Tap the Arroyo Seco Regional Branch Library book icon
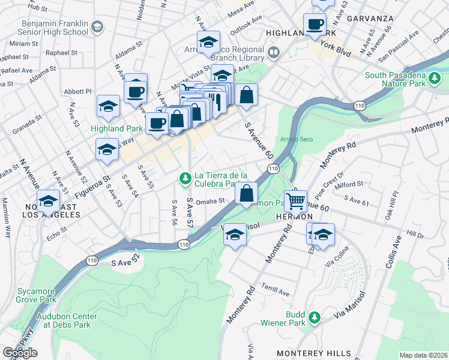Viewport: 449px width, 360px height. pyautogui.click(x=273, y=53)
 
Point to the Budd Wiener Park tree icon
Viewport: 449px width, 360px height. pyautogui.click(x=313, y=316)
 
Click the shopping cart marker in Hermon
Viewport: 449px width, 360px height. pyautogui.click(x=295, y=200)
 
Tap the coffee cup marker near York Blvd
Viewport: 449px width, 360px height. pyautogui.click(x=315, y=25)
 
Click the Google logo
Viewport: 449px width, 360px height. pyautogui.click(x=20, y=352)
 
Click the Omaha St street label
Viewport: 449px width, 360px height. pyautogui.click(x=209, y=202)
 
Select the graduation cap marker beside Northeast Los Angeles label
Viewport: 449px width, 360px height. pyautogui.click(x=47, y=201)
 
